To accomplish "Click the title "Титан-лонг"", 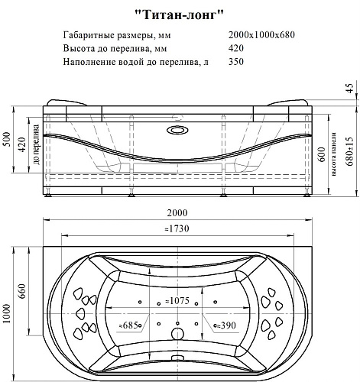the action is click(x=179, y=15).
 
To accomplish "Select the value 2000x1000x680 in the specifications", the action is click(x=261, y=35).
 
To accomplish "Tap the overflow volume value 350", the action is click(x=236, y=62).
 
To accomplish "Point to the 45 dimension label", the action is click(x=351, y=88).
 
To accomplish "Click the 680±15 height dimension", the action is click(x=351, y=151).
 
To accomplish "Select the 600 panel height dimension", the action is click(x=322, y=154).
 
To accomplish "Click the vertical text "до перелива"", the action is click(x=36, y=144).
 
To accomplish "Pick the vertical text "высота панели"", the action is click(x=334, y=154).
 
